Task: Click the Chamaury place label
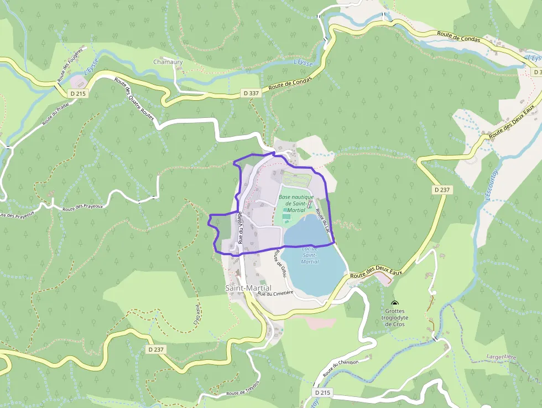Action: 168,62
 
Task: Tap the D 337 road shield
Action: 251,94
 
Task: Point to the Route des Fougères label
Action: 70,65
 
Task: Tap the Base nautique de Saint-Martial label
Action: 296,203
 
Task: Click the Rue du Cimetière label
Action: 275,293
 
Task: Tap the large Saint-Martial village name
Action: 248,288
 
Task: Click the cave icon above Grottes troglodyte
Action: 395,303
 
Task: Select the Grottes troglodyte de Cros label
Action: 395,317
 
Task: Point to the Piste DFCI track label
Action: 196,314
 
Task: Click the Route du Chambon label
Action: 341,368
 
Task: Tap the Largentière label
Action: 501,357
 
